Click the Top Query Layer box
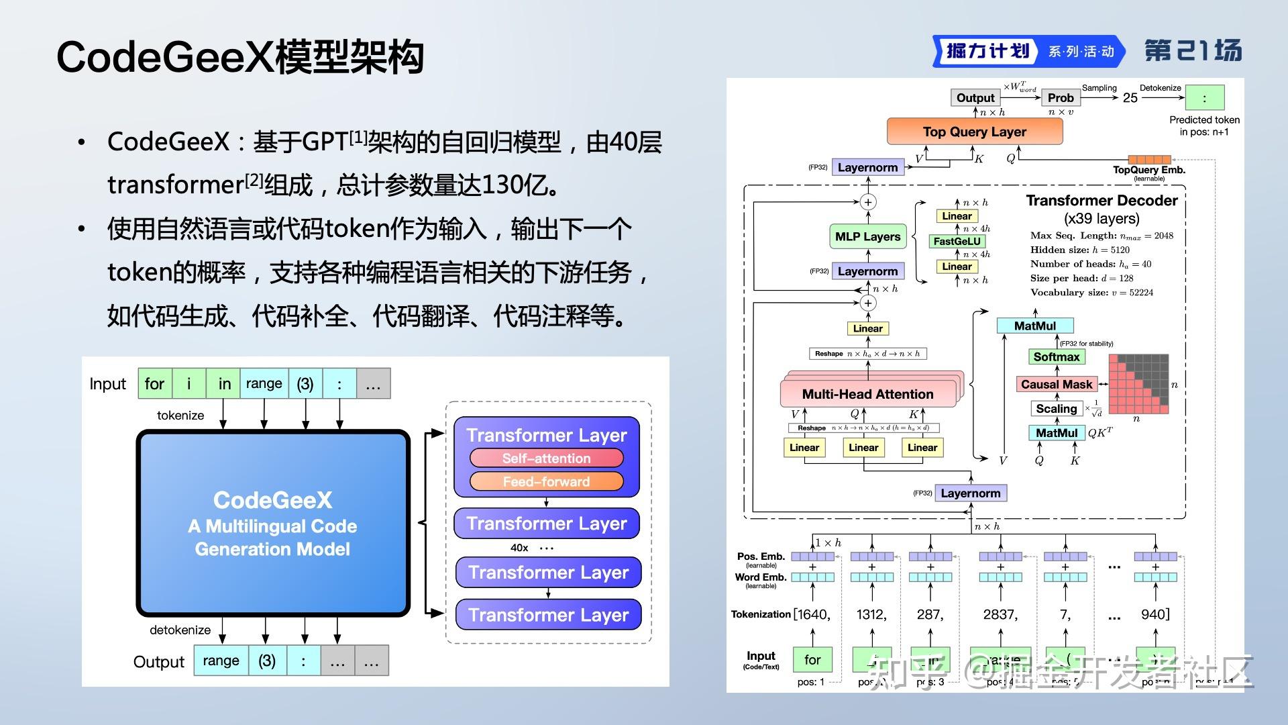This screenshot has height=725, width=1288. pos(974,132)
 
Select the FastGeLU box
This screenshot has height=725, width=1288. pos(957,241)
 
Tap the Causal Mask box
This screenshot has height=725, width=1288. pos(1056,384)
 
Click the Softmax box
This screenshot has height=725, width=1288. pos(1056,356)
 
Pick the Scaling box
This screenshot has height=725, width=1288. pos(1056,408)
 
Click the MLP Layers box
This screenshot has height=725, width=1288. pos(867,236)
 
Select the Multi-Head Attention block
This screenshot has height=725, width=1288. pos(867,394)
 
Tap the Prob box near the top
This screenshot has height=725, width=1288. pos(1061,97)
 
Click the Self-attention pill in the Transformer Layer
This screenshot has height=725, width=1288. pos(546,458)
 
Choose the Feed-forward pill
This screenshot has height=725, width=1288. pos(546,481)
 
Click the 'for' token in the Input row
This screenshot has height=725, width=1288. pos(154,384)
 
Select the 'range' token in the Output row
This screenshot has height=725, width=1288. pos(221,661)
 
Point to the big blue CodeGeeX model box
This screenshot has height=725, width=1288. pos(272,524)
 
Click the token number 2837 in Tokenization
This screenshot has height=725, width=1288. pos(1000,614)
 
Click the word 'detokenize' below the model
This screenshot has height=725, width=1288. pos(180,630)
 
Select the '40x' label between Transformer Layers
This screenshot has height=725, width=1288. pos(519,548)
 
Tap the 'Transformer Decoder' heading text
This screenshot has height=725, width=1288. pos(1102,200)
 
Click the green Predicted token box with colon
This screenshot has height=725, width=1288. pos(1204,98)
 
